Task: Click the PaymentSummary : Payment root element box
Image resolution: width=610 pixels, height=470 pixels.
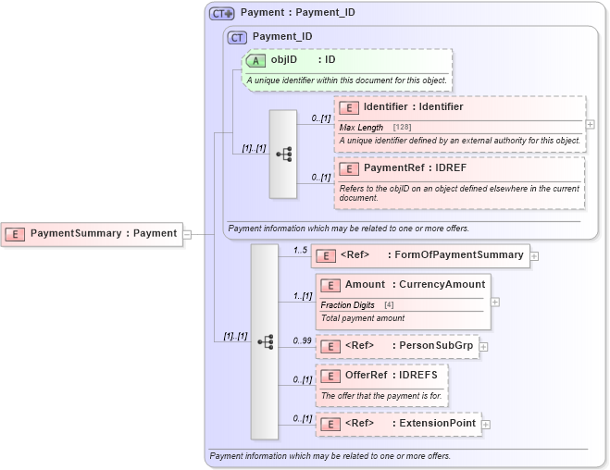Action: coord(92,233)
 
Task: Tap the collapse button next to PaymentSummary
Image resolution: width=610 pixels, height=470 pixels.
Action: coord(187,234)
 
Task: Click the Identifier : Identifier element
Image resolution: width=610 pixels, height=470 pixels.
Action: coord(412,107)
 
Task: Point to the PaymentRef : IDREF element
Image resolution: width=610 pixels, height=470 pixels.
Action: coord(414,168)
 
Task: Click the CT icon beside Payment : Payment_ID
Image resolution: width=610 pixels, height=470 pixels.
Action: coord(222,14)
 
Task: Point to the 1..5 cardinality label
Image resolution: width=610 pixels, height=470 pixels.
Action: coord(300,250)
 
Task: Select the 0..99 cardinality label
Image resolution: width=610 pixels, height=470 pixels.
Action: coord(302,340)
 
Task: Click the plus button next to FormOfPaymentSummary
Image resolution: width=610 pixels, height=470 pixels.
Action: coord(535,256)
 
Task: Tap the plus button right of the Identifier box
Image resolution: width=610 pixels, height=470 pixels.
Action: coord(591,123)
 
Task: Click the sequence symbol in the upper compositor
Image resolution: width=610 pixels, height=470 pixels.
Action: coord(283,155)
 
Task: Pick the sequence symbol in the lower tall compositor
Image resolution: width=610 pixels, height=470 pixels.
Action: coord(265,341)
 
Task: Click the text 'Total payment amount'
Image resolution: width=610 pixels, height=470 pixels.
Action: coord(363,318)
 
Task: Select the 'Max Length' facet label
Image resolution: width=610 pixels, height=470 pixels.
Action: coord(361,127)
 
